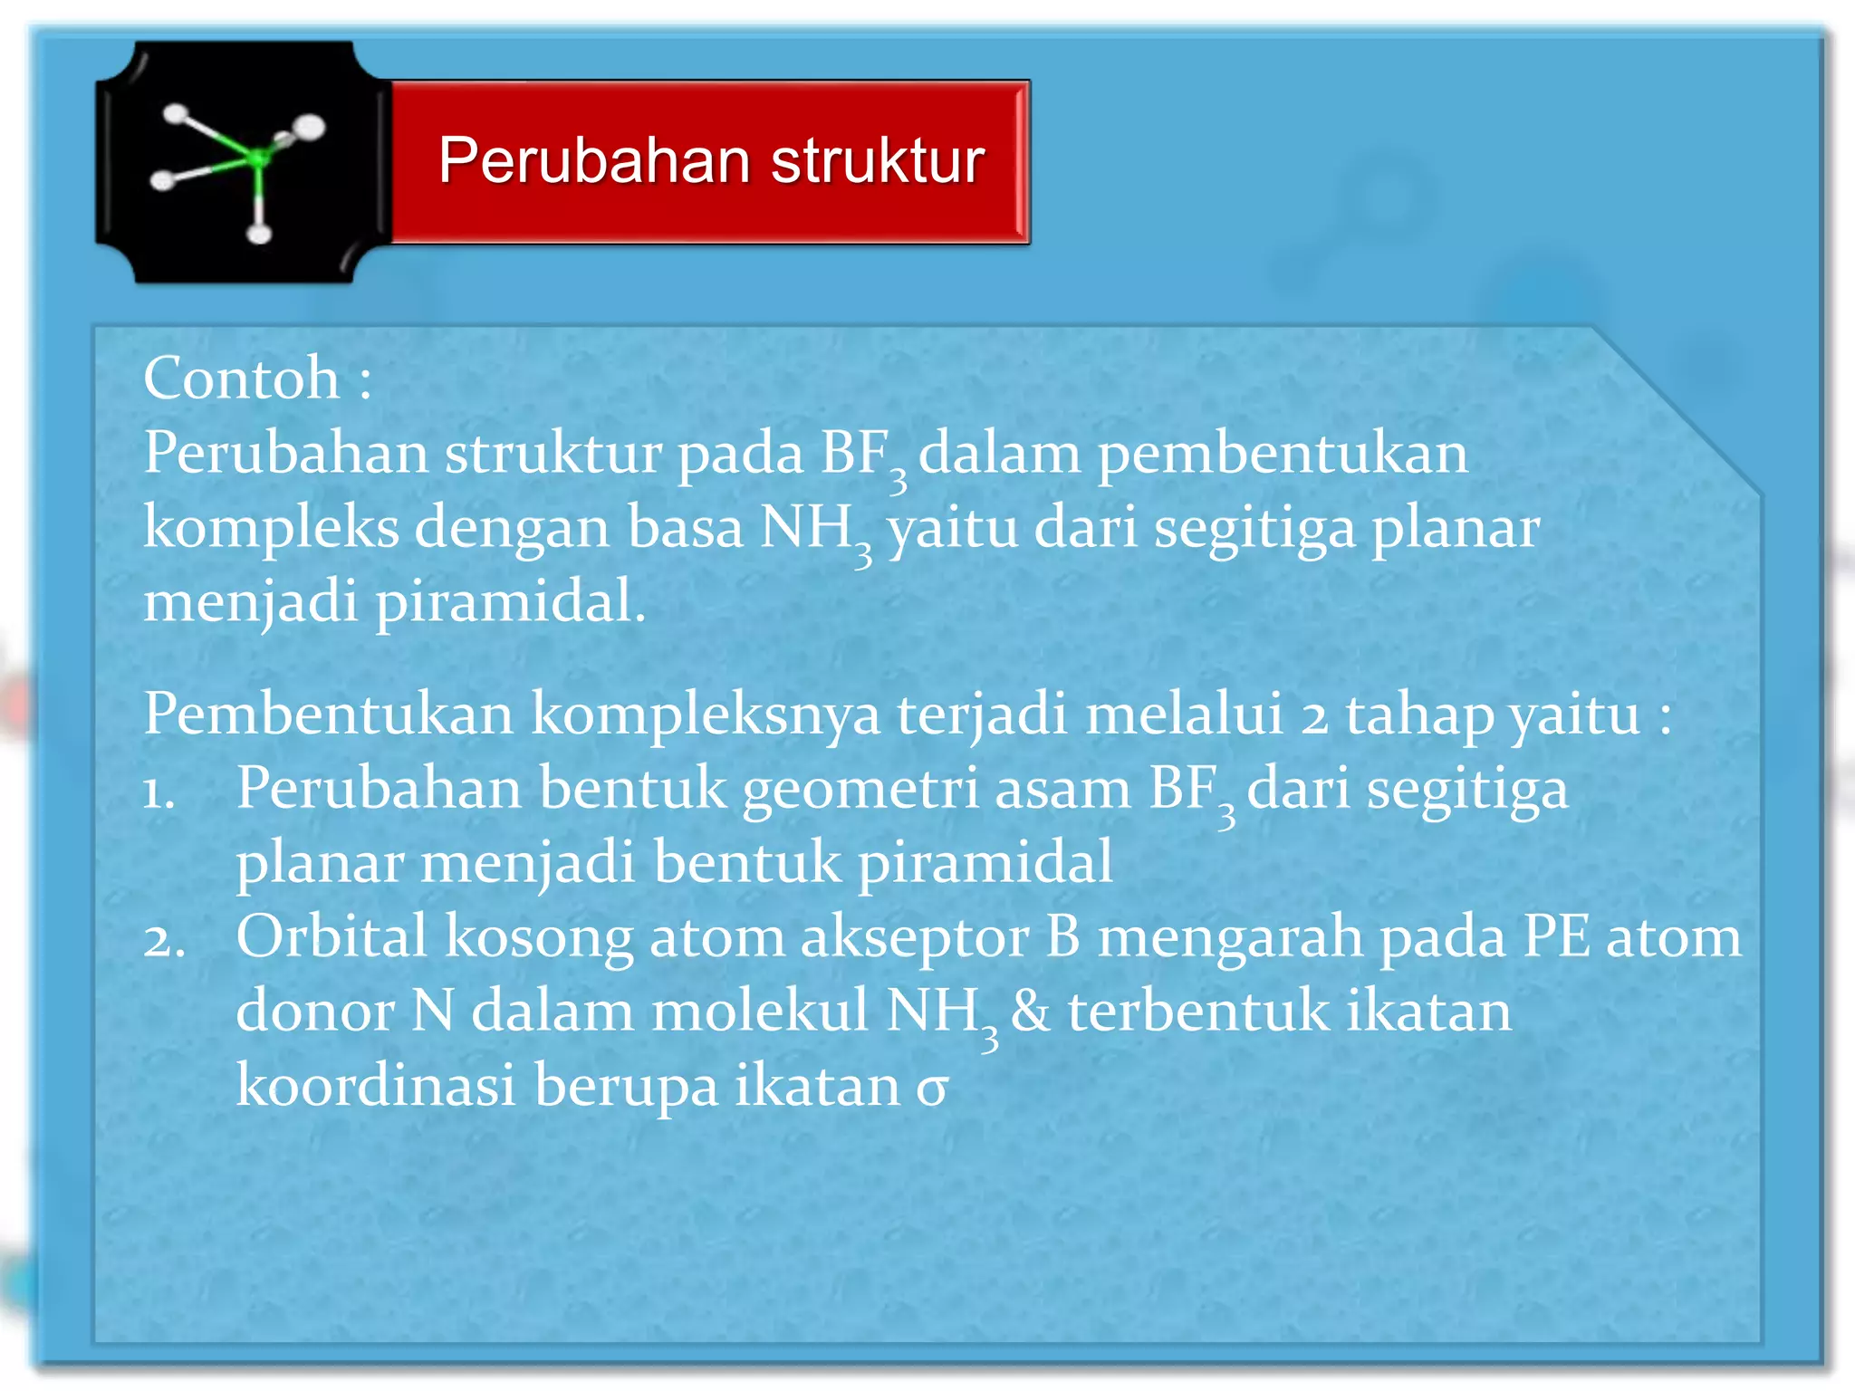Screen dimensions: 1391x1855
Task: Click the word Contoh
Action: (241, 378)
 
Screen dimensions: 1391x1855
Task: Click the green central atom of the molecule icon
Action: (258, 158)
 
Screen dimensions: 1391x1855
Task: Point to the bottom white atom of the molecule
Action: (260, 235)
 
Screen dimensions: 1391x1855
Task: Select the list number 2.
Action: (163, 939)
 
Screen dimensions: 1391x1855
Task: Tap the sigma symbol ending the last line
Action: (931, 1087)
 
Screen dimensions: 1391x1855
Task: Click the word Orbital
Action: (332, 936)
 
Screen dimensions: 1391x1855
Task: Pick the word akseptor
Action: (914, 938)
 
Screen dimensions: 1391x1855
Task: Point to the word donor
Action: (314, 1011)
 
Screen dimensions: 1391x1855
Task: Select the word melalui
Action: (1184, 714)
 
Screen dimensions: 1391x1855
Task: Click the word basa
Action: (685, 527)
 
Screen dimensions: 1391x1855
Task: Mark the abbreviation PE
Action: (1555, 936)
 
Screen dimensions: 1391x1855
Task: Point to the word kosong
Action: (538, 938)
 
